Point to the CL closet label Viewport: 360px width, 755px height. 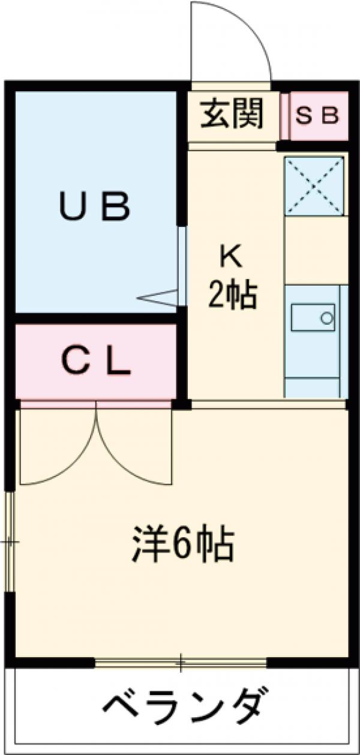(x=97, y=361)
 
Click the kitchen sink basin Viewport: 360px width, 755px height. (x=313, y=317)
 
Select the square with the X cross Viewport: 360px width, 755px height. (x=315, y=185)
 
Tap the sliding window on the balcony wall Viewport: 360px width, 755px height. (x=180, y=663)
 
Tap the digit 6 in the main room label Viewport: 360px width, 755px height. (x=182, y=544)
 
